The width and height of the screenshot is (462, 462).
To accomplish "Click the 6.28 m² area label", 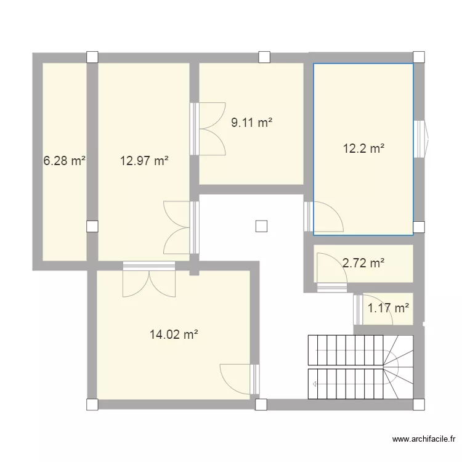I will (63, 161).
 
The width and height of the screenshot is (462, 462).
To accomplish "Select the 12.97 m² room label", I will (144, 161).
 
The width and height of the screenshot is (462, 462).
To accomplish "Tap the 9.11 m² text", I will (251, 123).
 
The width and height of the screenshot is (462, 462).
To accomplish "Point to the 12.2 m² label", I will (363, 148).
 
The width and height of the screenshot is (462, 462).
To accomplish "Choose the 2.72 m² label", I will (363, 263).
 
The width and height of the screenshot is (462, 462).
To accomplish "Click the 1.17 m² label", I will (388, 307).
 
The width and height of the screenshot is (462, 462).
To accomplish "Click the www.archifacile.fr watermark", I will (424, 439).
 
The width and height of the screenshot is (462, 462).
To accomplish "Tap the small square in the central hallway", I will (261, 226).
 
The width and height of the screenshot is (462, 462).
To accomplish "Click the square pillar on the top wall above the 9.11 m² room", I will (264, 57).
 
